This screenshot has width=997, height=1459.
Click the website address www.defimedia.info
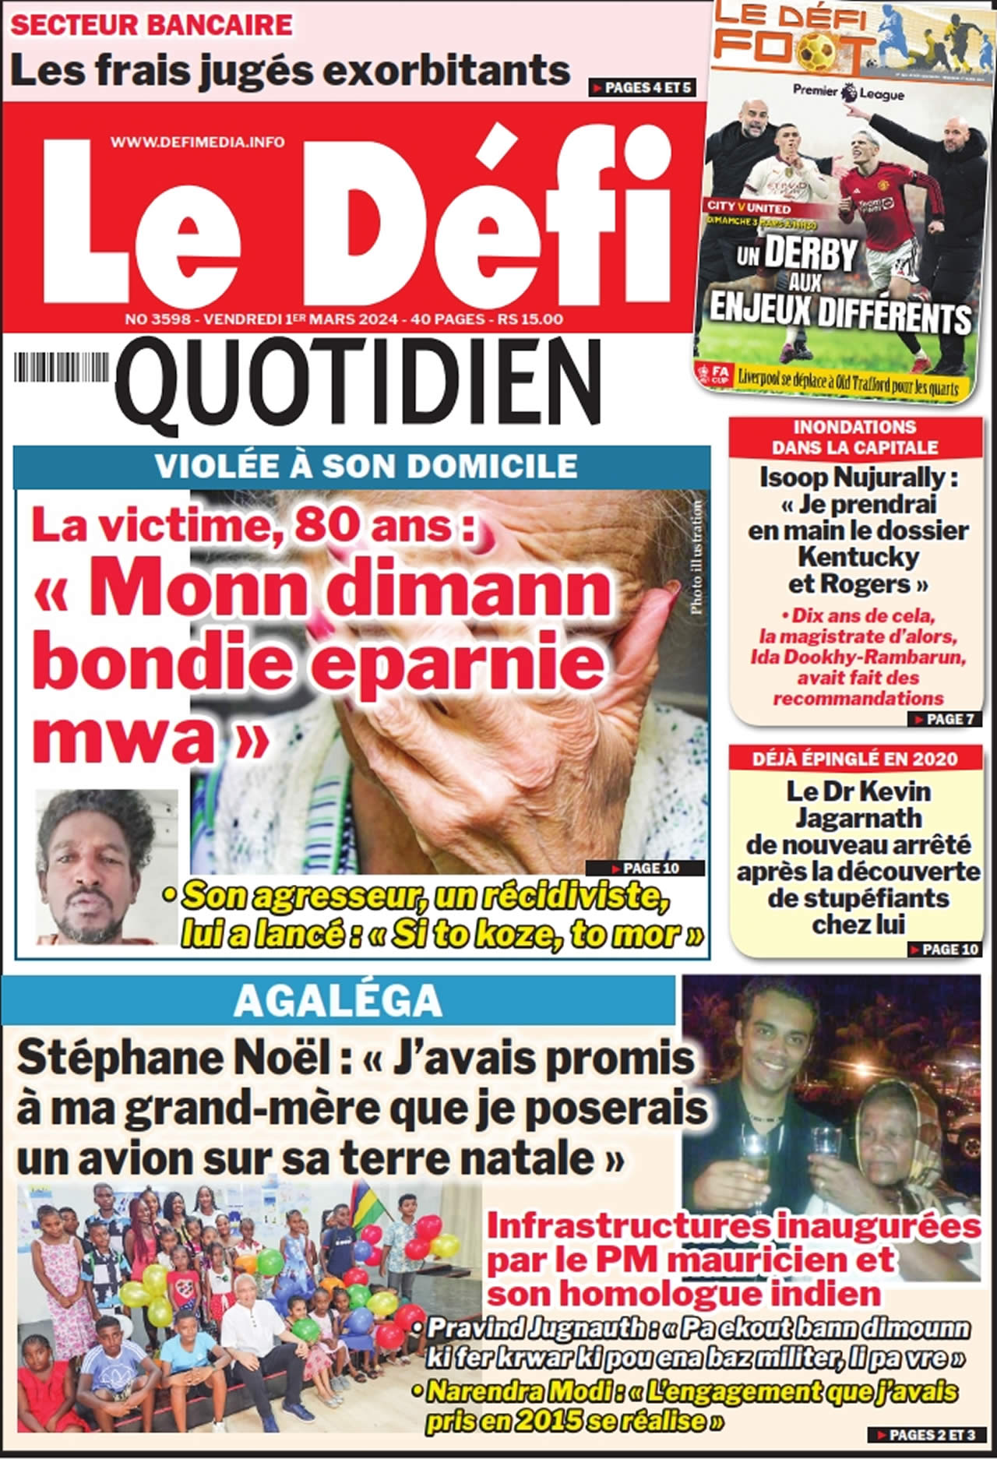tap(197, 141)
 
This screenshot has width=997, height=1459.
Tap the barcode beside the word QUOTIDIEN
tap(63, 368)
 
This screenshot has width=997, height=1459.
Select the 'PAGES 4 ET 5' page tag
tap(641, 88)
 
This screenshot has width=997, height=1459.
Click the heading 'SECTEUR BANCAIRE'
tap(152, 25)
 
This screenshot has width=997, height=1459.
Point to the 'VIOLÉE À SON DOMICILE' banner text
tap(365, 466)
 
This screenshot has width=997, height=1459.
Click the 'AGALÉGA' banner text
tap(338, 1002)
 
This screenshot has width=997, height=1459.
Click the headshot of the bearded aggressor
tap(106, 867)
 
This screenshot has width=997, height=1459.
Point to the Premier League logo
tap(848, 92)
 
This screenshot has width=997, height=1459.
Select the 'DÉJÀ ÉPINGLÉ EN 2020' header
tap(854, 758)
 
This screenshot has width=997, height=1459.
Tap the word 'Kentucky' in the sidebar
tap(858, 557)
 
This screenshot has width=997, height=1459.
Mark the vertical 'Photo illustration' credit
tap(696, 558)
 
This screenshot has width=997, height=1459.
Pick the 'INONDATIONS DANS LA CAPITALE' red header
tap(854, 437)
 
